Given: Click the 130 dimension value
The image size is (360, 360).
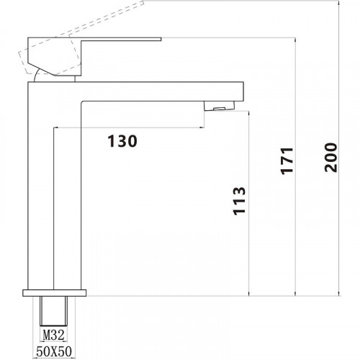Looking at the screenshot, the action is tap(122, 141).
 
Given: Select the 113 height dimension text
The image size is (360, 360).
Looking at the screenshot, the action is tap(240, 200).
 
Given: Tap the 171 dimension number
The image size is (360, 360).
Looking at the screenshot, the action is tap(287, 161).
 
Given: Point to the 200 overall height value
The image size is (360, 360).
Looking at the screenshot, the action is tap(330, 158).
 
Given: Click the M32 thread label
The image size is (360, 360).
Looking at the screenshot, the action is tap(53, 335).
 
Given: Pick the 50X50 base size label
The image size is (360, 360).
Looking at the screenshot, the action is tap(54, 351).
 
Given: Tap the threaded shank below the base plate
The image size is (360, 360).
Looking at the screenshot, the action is tap(53, 311).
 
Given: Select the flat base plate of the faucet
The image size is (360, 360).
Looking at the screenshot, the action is tap(55, 293).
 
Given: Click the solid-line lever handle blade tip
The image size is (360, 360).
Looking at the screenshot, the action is tap(161, 39).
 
